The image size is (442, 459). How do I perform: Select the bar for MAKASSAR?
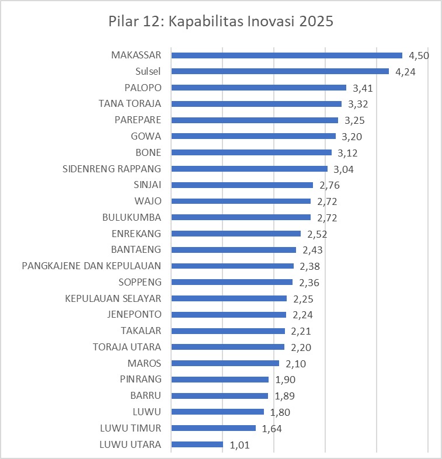click(x=287, y=55)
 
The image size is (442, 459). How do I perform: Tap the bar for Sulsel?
click(x=280, y=72)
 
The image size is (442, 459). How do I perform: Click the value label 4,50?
click(x=419, y=56)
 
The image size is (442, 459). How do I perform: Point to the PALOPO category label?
click(x=143, y=88)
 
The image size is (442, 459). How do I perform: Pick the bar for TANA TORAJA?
click(x=256, y=104)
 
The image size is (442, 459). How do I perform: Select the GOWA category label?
click(x=147, y=137)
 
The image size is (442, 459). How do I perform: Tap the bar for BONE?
click(x=251, y=152)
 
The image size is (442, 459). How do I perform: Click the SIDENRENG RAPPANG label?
click(x=112, y=169)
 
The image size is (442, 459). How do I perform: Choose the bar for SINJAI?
click(x=242, y=185)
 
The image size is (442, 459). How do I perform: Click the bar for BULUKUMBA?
click(x=241, y=217)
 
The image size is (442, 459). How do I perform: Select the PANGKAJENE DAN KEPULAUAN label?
click(x=92, y=266)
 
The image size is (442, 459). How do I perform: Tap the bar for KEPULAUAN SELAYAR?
click(x=229, y=298)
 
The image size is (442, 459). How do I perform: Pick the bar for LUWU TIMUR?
click(x=213, y=428)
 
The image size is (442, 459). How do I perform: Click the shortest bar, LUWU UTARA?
click(x=197, y=444)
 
